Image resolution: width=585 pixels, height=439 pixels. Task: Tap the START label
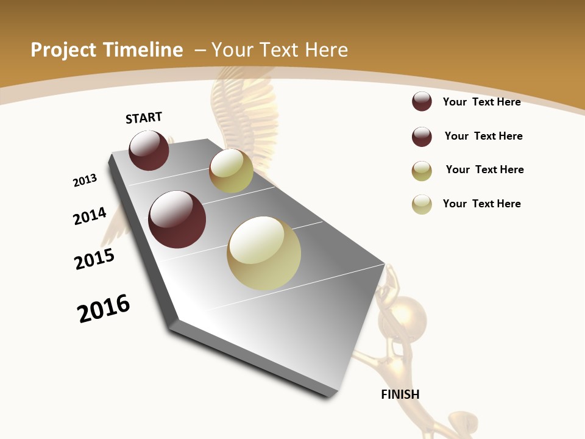click(x=144, y=118)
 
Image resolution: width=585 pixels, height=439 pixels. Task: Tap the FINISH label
click(x=400, y=394)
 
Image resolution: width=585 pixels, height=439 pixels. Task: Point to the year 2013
click(x=85, y=180)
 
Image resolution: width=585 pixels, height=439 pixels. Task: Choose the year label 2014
click(x=90, y=216)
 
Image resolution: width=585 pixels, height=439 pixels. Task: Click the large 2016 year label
click(x=104, y=309)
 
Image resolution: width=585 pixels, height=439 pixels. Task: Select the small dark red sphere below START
click(x=149, y=150)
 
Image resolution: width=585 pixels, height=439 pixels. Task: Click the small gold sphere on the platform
click(x=231, y=171)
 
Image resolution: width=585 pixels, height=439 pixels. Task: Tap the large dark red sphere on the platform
click(x=177, y=220)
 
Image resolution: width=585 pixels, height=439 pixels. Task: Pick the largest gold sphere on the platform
click(x=264, y=253)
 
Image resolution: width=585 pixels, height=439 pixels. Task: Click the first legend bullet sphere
click(x=422, y=102)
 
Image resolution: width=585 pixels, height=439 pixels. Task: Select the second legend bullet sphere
click(x=422, y=137)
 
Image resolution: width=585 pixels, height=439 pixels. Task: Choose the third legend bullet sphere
click(x=422, y=171)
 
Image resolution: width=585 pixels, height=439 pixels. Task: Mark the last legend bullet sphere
click(x=422, y=204)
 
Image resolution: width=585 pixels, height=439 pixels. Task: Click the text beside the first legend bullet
click(x=481, y=102)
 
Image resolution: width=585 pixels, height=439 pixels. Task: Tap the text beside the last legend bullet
click(x=481, y=204)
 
